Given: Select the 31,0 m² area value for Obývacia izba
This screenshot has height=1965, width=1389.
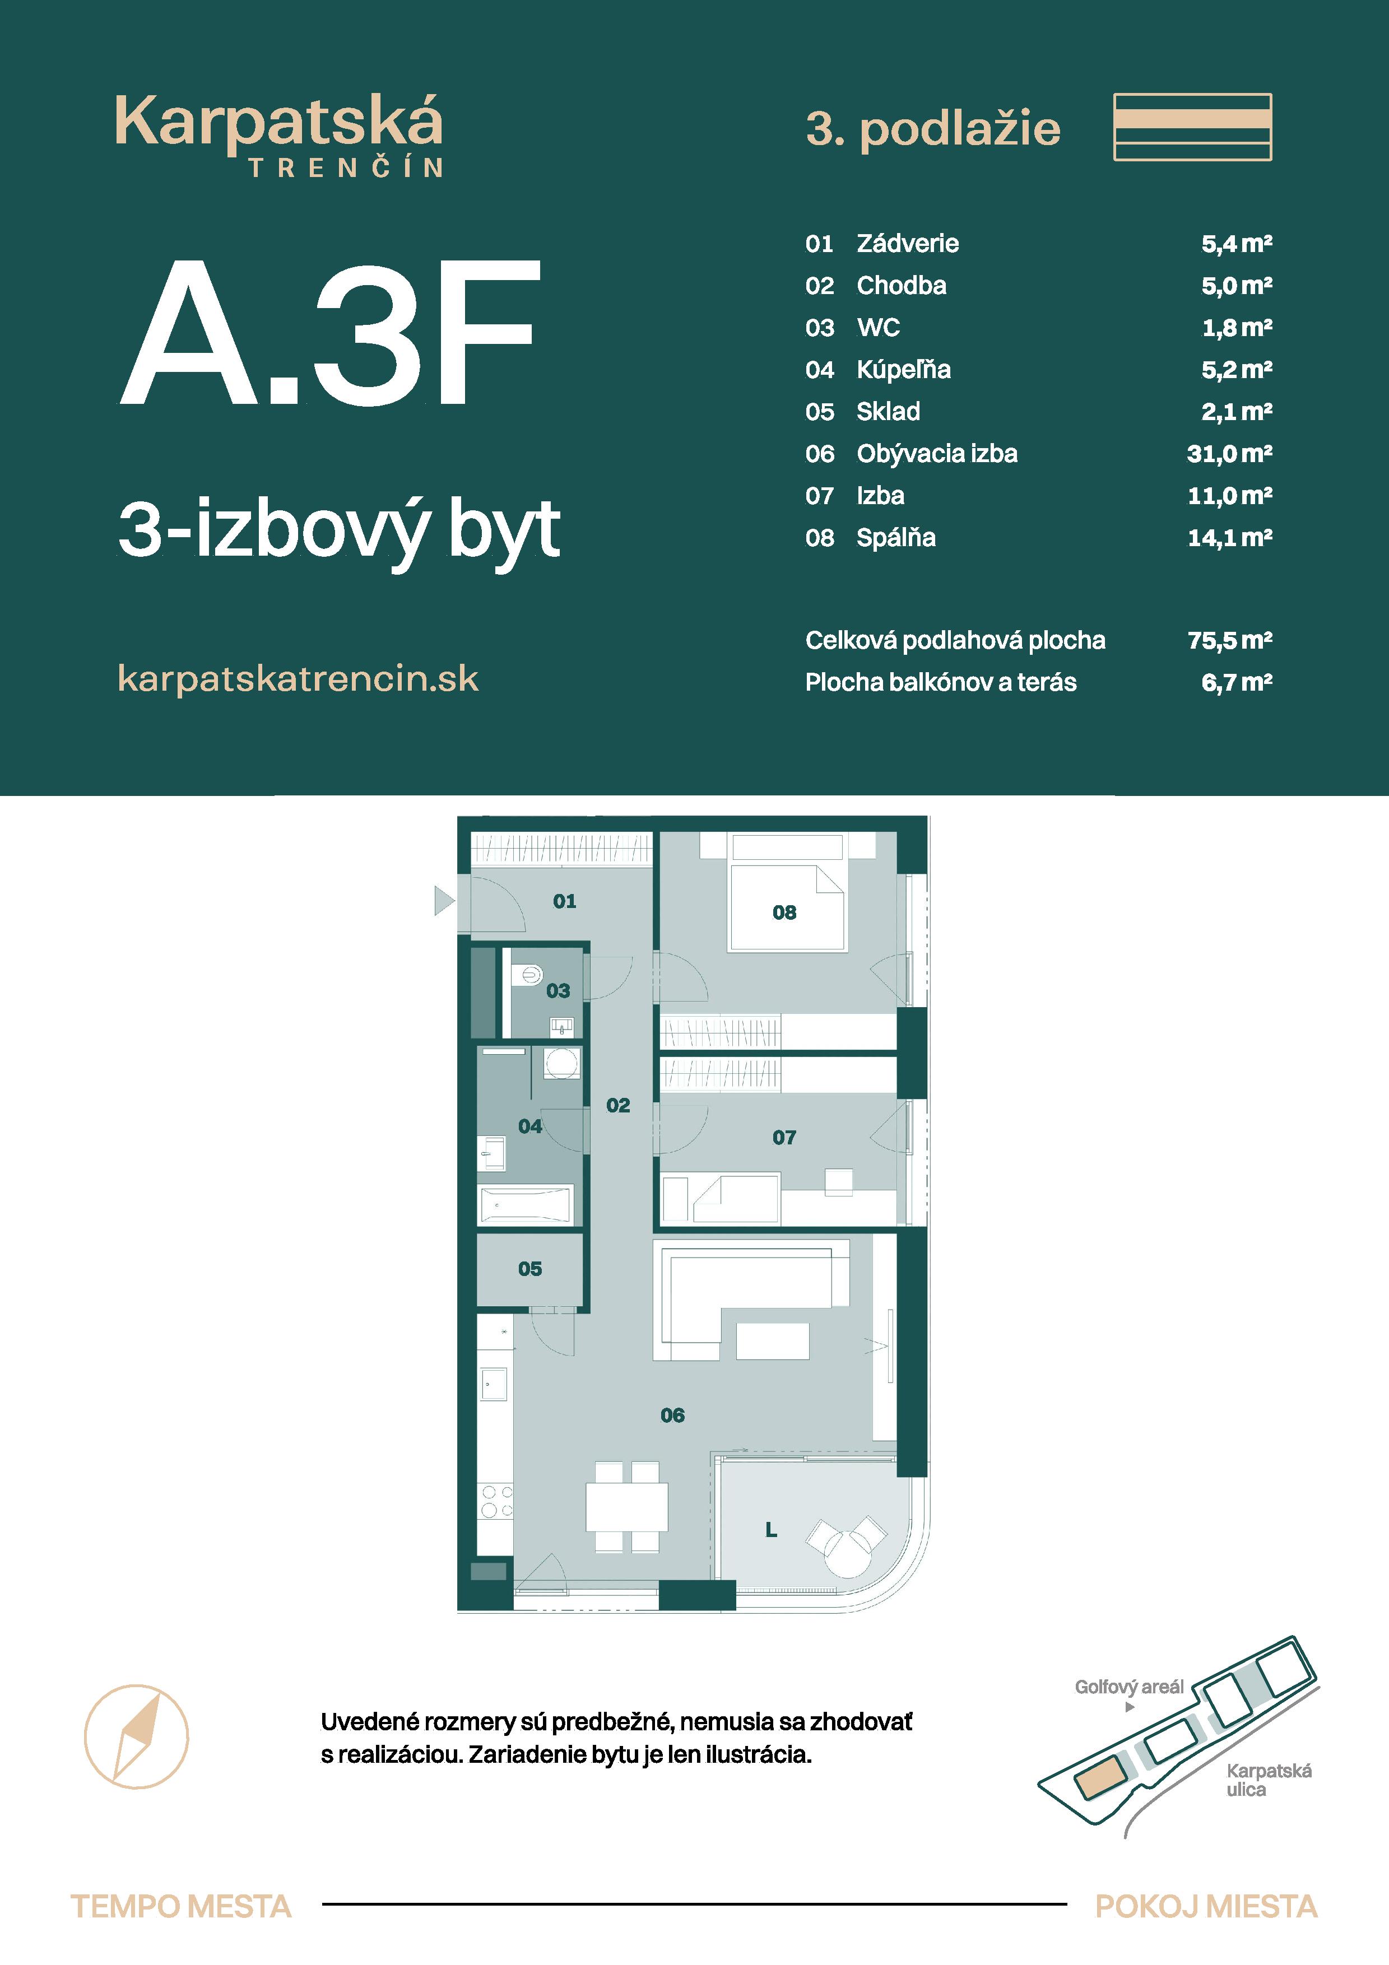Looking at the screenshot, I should point(1229,454).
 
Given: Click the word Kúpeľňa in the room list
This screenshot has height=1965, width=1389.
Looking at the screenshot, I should point(904,370).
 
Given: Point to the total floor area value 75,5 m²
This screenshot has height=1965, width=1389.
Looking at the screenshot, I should point(1229,640).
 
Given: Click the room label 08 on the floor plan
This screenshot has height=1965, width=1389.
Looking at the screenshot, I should point(784,912).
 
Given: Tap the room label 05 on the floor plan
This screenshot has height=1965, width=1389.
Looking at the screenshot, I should point(529,1268).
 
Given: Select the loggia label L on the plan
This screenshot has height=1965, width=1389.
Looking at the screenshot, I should point(770,1529).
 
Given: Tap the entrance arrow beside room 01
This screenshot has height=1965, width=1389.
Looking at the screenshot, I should point(443,900).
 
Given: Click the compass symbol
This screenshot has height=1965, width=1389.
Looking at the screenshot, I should point(136,1736).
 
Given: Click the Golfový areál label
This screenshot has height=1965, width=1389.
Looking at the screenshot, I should point(1129,1687).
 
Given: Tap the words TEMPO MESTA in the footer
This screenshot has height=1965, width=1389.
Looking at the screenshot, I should point(180,1907).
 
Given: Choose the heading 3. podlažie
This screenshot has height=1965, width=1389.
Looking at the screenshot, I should point(933,129).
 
